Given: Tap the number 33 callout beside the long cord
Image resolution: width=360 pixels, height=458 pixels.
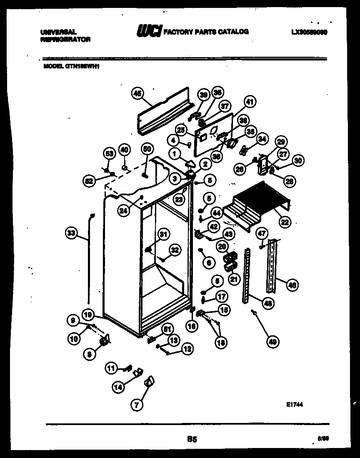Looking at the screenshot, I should click(72, 234).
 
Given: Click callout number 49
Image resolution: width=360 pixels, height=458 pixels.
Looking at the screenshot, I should click(272, 342).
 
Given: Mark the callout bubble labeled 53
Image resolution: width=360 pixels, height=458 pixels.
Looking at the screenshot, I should click(109, 154).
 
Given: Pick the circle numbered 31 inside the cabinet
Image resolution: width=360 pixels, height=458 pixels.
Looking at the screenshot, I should click(163, 234).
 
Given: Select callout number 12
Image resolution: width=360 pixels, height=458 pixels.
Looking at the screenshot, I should click(187, 348).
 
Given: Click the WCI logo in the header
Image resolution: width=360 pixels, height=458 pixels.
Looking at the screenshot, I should click(147, 32).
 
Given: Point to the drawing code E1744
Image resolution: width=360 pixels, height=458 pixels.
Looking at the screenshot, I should click(294, 404).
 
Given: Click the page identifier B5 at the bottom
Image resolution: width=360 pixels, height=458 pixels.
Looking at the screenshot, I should click(192, 439).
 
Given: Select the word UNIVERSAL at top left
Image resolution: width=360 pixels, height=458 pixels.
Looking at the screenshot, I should click(58, 32).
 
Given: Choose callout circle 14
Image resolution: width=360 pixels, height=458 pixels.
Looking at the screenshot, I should click(118, 387).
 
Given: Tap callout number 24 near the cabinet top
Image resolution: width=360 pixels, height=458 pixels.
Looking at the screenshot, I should click(123, 211).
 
